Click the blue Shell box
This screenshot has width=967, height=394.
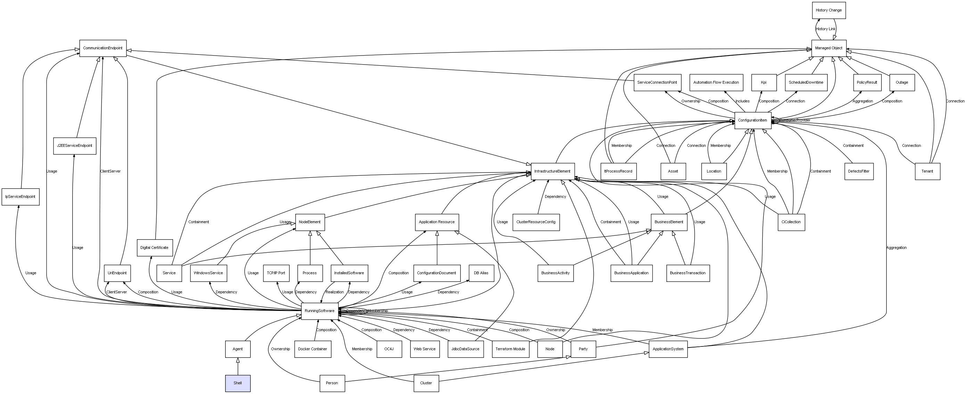click(238, 383)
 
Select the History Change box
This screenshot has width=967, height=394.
click(828, 10)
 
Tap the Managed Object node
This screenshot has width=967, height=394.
click(828, 48)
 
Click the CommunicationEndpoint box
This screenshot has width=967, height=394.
click(103, 48)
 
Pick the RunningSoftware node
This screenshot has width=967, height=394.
click(319, 311)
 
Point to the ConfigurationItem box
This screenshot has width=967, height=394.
click(753, 120)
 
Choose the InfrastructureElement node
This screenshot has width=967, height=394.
click(552, 171)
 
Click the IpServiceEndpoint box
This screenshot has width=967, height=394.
click(20, 197)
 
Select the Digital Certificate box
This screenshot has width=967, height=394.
click(155, 248)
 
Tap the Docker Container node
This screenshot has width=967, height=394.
click(313, 349)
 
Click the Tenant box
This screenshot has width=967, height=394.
click(927, 171)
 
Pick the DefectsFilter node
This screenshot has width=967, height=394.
click(859, 171)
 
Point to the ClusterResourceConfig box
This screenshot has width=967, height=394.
click(536, 222)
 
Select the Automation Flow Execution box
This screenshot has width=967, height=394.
click(716, 83)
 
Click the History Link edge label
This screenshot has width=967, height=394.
click(826, 29)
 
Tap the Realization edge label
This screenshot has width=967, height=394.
click(335, 292)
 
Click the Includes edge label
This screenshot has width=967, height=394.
click(743, 101)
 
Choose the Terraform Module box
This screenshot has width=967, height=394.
click(510, 349)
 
